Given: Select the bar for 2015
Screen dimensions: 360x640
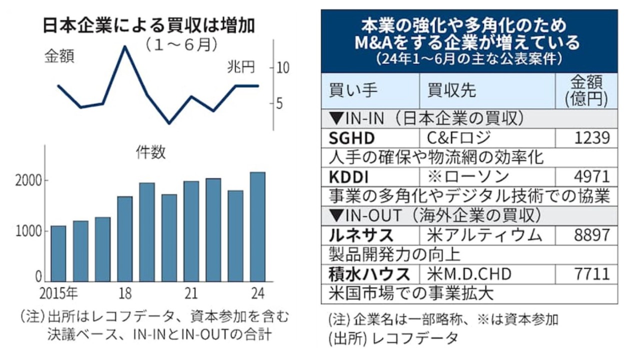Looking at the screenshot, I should (58, 253).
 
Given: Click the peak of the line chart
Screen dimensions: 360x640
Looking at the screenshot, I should (124, 46).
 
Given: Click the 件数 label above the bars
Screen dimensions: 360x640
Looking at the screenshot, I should (150, 152).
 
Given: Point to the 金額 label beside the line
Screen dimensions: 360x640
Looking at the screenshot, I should (59, 56).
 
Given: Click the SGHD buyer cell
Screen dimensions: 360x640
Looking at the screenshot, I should (352, 137).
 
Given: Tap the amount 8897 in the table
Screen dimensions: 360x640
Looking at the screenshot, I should (591, 234).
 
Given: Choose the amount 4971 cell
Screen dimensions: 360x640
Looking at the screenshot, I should (591, 176).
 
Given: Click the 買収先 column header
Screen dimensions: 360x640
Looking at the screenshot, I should (451, 90).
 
